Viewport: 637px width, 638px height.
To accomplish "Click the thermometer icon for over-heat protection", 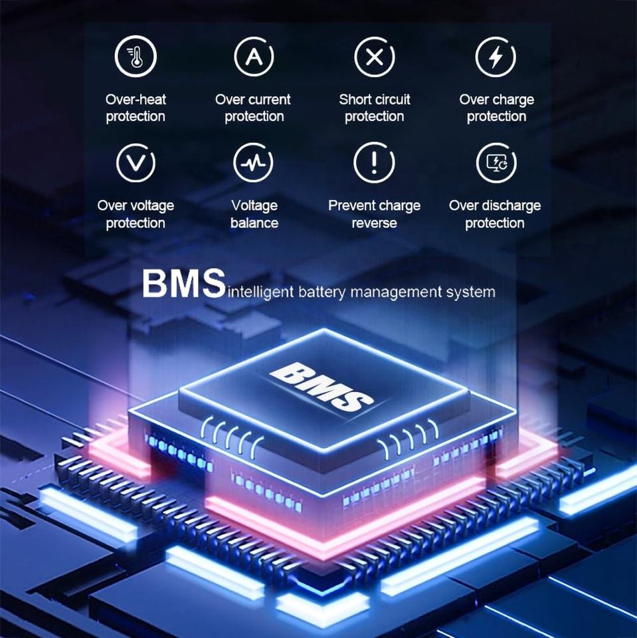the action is click(136, 57).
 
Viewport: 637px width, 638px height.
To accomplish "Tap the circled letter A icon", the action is click(254, 57).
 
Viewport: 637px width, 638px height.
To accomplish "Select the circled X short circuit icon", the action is click(375, 57).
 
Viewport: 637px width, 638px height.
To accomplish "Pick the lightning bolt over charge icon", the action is click(496, 57).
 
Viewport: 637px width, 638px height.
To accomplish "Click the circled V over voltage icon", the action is click(136, 162).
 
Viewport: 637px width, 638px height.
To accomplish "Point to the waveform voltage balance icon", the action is click(254, 162).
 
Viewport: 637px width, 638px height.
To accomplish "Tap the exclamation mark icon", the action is click(374, 162).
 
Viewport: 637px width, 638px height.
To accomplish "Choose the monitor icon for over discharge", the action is click(496, 162).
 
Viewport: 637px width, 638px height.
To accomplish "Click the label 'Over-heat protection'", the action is click(136, 108).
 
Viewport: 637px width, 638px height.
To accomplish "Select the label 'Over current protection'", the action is click(253, 108).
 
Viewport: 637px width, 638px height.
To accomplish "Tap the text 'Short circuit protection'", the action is click(375, 108).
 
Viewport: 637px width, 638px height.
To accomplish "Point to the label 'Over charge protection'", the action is click(496, 108).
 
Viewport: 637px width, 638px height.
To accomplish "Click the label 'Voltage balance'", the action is click(254, 214).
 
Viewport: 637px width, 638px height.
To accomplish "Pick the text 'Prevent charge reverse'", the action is click(374, 214).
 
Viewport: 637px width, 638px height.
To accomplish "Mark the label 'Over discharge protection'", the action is click(495, 214).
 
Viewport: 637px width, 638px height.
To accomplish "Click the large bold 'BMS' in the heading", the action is click(183, 284).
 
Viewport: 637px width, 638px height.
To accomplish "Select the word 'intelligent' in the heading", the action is click(260, 292).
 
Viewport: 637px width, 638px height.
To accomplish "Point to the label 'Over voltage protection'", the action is click(136, 214).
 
